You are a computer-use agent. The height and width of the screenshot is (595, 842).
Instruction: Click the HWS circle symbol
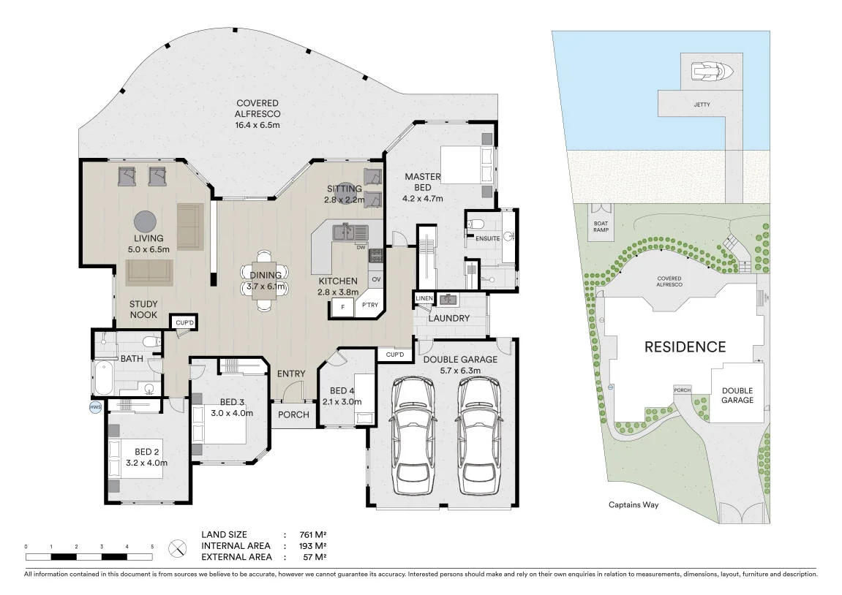[x=94, y=407]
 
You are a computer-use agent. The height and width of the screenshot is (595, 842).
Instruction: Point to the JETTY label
[x=702, y=105]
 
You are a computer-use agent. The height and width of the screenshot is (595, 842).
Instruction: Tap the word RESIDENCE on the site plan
[x=685, y=347]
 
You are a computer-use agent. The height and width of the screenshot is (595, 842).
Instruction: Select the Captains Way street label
[x=634, y=504]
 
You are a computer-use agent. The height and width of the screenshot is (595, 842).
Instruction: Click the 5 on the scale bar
[x=152, y=547]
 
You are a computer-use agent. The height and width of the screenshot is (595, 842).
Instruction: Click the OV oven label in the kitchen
[x=376, y=279]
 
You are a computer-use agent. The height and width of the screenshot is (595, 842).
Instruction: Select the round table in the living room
[x=144, y=221]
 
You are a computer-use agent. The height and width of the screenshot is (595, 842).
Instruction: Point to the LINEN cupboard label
[x=424, y=298]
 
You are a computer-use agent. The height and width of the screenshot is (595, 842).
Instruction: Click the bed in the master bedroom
[x=462, y=164]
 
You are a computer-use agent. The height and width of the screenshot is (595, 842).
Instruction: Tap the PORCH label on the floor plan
[x=294, y=414]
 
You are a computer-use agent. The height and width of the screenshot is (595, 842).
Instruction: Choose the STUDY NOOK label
[x=144, y=310]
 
